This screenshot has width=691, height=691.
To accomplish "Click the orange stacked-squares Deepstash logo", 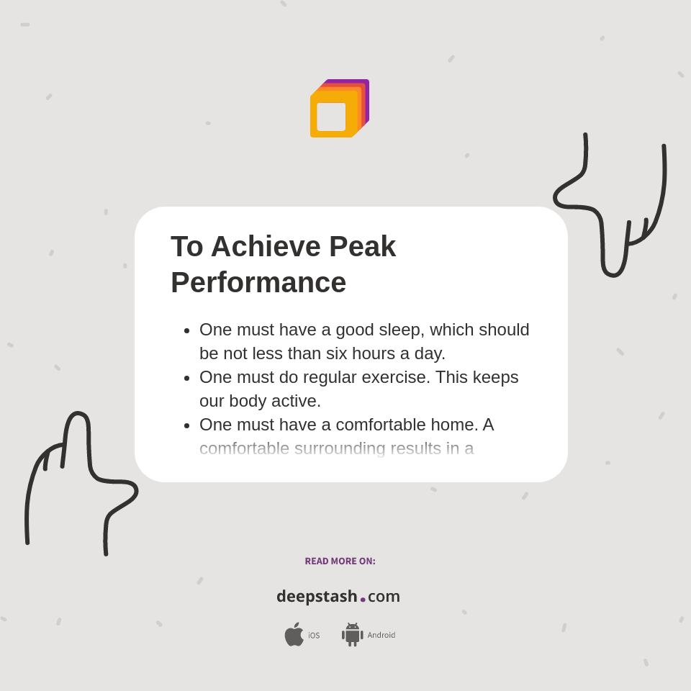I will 339,108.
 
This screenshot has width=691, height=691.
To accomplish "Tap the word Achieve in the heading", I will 266,246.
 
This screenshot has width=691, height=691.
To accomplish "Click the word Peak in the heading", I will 362,246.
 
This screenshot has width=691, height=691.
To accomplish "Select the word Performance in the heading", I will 258,282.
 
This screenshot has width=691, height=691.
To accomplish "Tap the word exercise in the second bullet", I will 394,377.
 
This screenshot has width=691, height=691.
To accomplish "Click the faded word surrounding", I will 340,448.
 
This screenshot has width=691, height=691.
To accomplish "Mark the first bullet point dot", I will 186,330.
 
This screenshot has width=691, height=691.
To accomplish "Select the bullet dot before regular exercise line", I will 186,378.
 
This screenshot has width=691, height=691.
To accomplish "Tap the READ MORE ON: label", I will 340,561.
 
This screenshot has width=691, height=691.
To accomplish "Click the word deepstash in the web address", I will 317,597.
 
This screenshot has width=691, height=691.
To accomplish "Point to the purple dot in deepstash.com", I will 363,600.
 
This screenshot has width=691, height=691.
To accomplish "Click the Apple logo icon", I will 294,634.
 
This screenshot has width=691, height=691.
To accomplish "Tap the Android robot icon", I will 352,634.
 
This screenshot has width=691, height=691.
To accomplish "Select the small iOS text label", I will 314,636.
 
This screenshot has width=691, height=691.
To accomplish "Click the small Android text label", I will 381,635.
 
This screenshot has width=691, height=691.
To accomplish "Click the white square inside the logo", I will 331,117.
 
